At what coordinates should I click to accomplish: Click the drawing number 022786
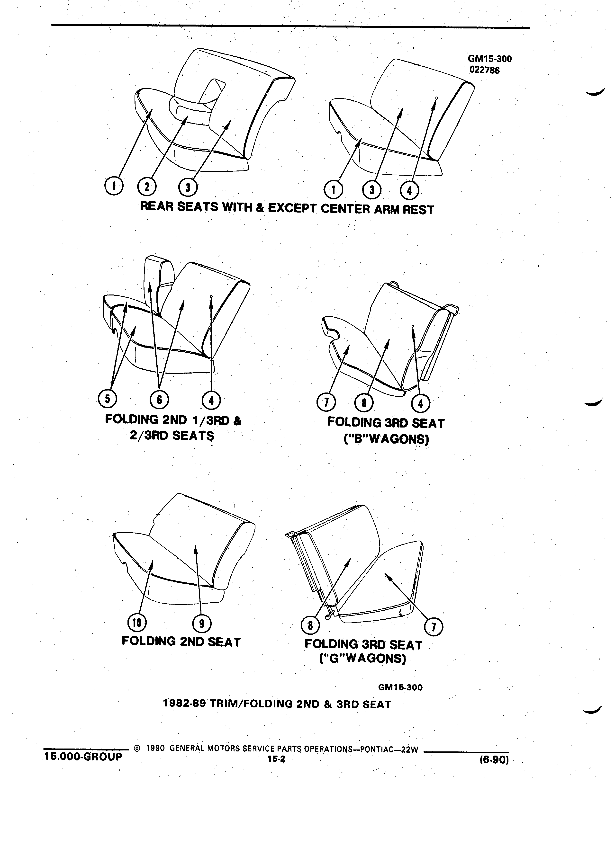(x=484, y=70)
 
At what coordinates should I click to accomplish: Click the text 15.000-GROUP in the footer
(x=83, y=756)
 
